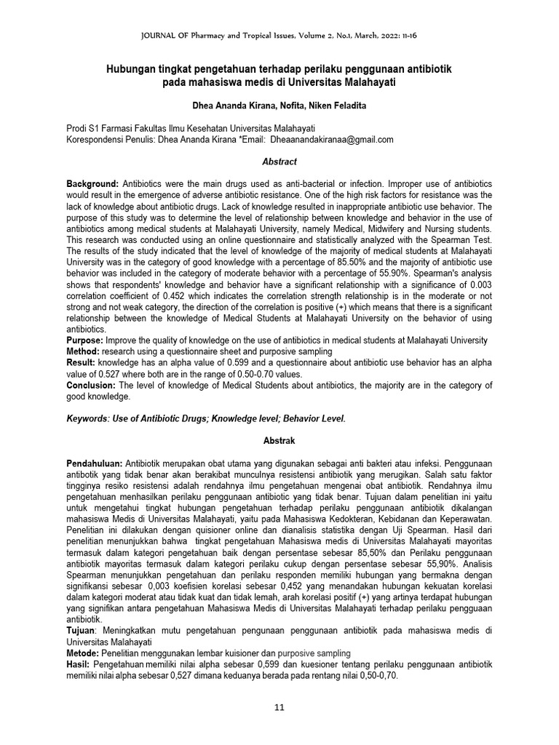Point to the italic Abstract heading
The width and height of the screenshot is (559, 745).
click(x=279, y=162)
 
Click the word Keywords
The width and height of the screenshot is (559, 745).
click(x=86, y=419)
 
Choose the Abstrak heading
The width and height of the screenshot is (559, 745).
click(x=279, y=441)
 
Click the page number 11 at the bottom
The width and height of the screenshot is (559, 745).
click(x=279, y=706)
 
